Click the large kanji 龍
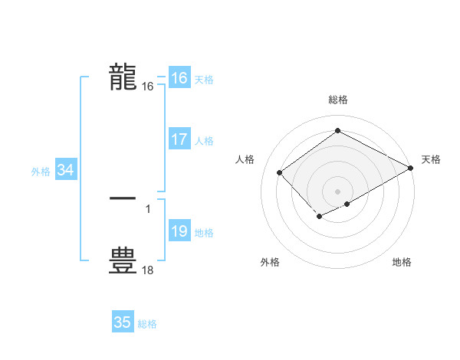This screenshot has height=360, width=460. coord(123,78)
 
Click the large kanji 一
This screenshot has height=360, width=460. coord(123,198)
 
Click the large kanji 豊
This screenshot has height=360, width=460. coord(123,260)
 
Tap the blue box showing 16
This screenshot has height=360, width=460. coord(179,78)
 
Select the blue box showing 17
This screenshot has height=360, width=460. coord(179,139)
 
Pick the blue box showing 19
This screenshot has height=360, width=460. coord(179,231)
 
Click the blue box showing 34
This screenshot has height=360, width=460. coord(66,170)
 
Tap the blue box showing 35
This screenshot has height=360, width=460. coord(123,322)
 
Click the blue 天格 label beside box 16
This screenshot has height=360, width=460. coord(204,80)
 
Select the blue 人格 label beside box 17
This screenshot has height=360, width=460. coord(204,141)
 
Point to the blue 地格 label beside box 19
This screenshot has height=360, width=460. coord(204,233)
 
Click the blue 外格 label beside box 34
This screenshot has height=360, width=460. coord(41,172)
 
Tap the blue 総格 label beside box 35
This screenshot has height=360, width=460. coord(147,324)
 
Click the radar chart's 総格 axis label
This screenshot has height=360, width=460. coord(338,100)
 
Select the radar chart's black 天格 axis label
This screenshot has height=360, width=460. coord(432,159)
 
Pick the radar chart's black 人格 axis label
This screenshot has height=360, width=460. coord(245,159)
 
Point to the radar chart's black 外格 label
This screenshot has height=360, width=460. coord(270,262)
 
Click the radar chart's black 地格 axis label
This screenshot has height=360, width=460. coord(402,262)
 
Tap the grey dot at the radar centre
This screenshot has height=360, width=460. coord(337,191)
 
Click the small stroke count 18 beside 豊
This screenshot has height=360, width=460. coord(147,270)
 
